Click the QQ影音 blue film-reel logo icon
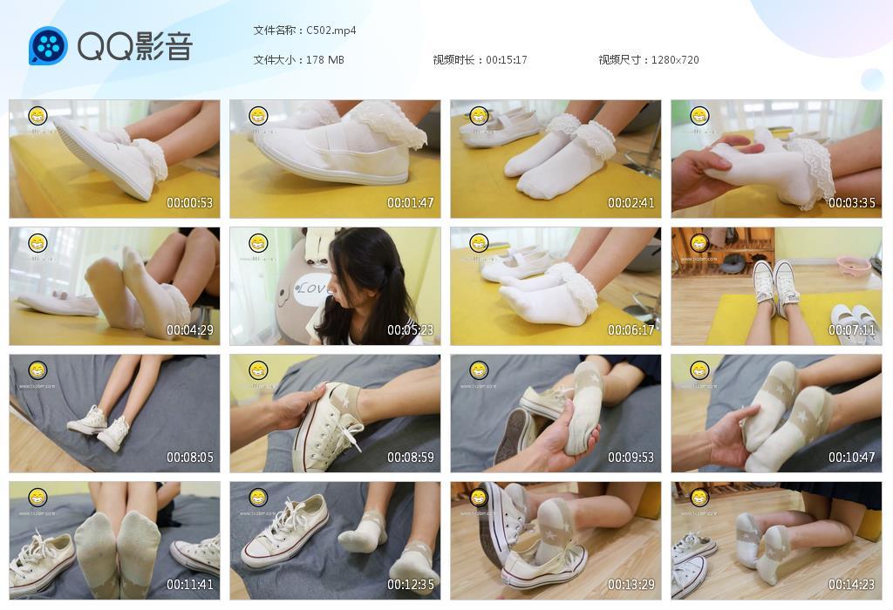(48, 46)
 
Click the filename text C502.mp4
(331, 30)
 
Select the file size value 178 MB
(325, 60)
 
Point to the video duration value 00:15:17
(507, 60)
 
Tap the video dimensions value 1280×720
(675, 60)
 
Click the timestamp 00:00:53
(190, 203)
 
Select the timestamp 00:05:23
(411, 330)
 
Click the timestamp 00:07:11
(852, 330)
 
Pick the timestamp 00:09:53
(631, 457)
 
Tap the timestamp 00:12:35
(411, 585)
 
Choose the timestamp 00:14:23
(852, 585)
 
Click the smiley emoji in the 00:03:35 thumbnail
(699, 116)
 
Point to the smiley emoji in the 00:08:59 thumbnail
(258, 370)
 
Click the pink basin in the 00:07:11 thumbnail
(853, 264)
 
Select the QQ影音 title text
(134, 46)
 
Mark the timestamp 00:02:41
(631, 203)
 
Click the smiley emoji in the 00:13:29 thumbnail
(479, 498)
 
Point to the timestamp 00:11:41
(190, 585)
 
